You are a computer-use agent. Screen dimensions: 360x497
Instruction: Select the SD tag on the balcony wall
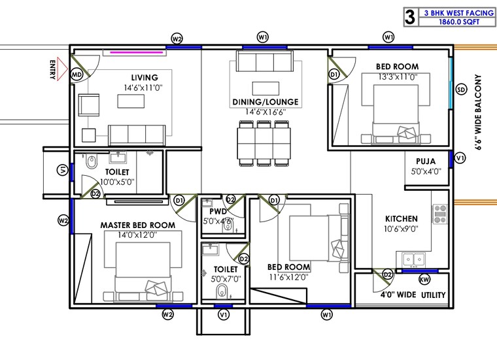[461, 89]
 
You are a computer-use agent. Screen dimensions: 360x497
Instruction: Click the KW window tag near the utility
[424, 279]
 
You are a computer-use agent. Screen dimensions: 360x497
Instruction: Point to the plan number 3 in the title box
[410, 17]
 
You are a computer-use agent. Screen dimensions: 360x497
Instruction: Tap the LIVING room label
[144, 77]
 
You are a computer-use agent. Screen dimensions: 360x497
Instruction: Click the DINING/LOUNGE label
[265, 102]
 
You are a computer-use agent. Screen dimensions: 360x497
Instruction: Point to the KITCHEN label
[400, 219]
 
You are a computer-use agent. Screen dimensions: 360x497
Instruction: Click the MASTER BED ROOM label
[137, 225]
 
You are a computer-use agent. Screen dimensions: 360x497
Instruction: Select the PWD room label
[218, 212]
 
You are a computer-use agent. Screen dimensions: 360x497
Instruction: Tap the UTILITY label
[434, 295]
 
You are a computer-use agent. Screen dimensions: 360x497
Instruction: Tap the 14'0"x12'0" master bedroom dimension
[137, 235]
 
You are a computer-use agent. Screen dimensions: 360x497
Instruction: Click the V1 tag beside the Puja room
[460, 158]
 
